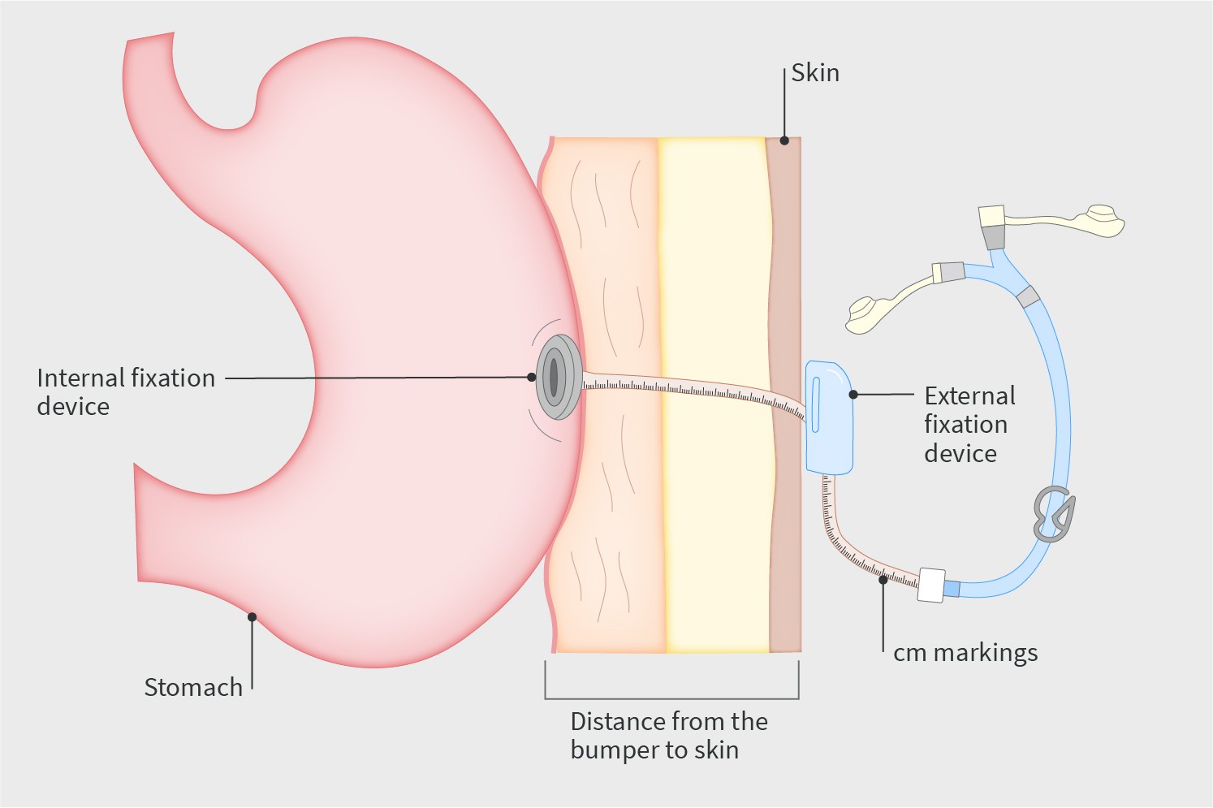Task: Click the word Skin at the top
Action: tap(815, 73)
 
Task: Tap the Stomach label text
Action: tap(193, 687)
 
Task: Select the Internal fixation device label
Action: tap(126, 391)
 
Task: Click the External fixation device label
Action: tap(969, 424)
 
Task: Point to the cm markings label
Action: tap(965, 653)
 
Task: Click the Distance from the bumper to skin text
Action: tap(668, 735)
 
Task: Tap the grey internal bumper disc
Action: tap(558, 378)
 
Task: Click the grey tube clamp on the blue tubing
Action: tap(1054, 514)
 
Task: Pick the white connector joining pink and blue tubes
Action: tap(931, 585)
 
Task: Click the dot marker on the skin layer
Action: tap(784, 140)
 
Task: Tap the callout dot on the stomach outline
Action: tap(253, 617)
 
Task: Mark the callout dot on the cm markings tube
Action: tap(883, 580)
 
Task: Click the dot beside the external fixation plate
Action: tap(853, 395)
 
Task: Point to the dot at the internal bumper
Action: tap(532, 378)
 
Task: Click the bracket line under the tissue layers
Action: tap(671, 698)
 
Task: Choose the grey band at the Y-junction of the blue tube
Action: tap(1028, 296)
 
